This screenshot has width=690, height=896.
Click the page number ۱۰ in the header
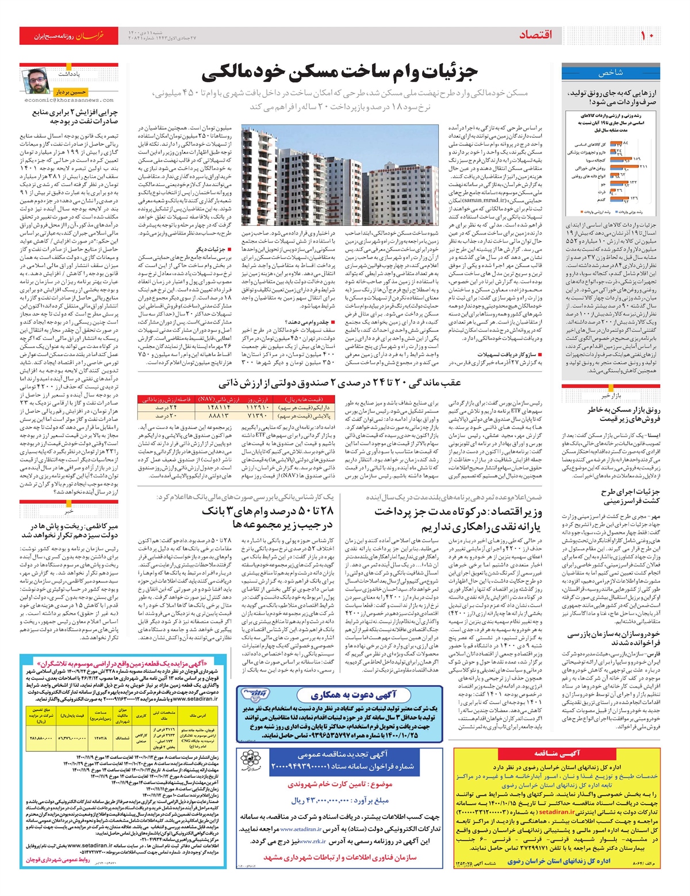pyautogui.click(x=647, y=36)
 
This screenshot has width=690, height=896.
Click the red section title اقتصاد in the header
pyautogui.click(x=535, y=36)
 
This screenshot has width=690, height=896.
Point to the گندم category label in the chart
pyautogui.click(x=601, y=200)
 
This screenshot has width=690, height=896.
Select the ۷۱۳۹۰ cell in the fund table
pyautogui.click(x=258, y=415)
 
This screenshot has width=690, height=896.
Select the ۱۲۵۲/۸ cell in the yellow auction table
pyautogui.click(x=101, y=737)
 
